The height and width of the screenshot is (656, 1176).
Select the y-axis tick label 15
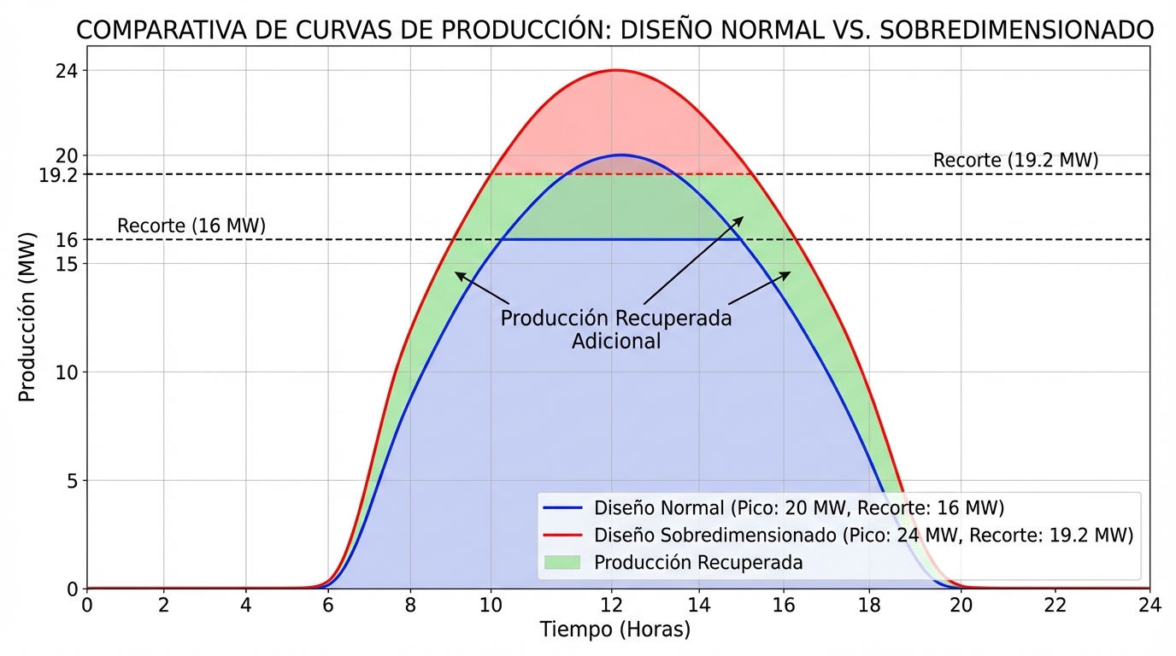coord(67,264)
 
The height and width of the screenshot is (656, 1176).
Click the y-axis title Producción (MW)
coord(27,316)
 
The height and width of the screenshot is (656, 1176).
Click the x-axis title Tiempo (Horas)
coord(614,630)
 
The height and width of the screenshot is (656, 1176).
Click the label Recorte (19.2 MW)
coord(1015,161)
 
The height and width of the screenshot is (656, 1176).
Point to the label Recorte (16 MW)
coord(191,226)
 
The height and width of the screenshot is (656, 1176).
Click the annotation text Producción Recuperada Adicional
coord(615,330)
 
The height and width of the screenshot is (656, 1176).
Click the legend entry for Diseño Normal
coord(773,507)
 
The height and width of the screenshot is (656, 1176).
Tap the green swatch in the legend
coord(562,563)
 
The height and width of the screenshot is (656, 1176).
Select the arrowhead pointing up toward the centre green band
coord(742,218)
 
